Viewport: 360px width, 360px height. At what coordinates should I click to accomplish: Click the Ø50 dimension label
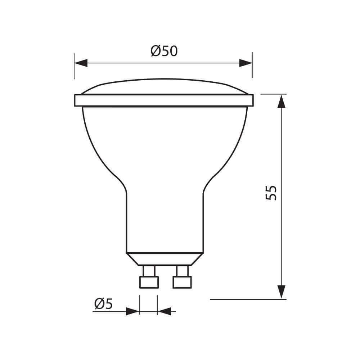point(164,51)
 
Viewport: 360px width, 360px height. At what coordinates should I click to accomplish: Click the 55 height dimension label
point(271,193)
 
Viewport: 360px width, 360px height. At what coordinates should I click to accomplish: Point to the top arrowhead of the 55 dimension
point(281,102)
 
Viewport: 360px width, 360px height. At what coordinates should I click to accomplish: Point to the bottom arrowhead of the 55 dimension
point(281,291)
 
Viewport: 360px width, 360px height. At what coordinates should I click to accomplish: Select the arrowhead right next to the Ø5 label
point(132,311)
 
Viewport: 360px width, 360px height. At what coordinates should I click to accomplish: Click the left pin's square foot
point(148,282)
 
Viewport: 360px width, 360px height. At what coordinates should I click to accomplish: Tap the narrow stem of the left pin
point(148,270)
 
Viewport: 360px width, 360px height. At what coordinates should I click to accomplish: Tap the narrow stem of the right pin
point(182,270)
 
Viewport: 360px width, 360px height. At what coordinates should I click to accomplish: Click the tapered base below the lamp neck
point(165,259)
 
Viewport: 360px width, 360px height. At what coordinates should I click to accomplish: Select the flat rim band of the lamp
point(164,100)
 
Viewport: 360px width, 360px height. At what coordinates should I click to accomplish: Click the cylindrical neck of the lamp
point(165,223)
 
